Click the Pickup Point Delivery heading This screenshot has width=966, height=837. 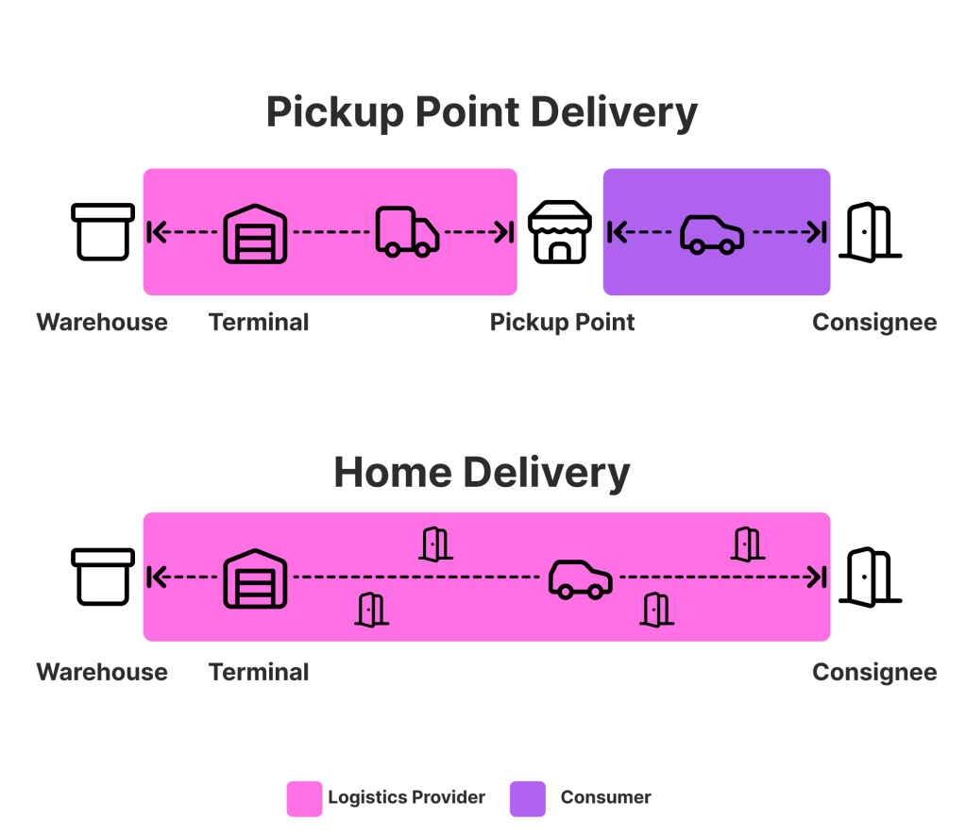[x=482, y=112]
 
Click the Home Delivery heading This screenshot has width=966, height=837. [x=482, y=472]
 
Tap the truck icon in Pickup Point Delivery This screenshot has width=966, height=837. [x=407, y=231]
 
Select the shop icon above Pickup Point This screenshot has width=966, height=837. [x=560, y=231]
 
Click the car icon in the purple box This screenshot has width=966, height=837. [x=712, y=233]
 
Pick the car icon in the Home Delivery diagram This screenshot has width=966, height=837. [x=581, y=578]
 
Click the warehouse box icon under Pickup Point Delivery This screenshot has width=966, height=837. [x=103, y=231]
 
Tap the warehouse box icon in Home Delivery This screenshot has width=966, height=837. [x=103, y=577]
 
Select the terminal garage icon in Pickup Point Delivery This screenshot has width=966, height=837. [x=255, y=232]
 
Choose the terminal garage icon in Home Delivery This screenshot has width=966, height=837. [x=255, y=578]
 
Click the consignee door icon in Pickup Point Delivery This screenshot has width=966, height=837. [x=870, y=231]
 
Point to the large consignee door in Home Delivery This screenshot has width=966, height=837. [x=870, y=577]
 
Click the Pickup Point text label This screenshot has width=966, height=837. [x=562, y=322]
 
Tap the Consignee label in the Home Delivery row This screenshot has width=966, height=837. [x=874, y=672]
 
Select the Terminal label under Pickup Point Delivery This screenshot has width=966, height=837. [x=259, y=322]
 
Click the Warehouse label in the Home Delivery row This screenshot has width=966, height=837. [x=102, y=672]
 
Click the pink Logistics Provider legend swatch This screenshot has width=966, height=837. [x=304, y=798]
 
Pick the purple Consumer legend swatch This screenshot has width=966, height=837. [x=528, y=798]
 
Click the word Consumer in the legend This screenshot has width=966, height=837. [x=605, y=797]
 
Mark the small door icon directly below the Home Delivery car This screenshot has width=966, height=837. [x=656, y=610]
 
